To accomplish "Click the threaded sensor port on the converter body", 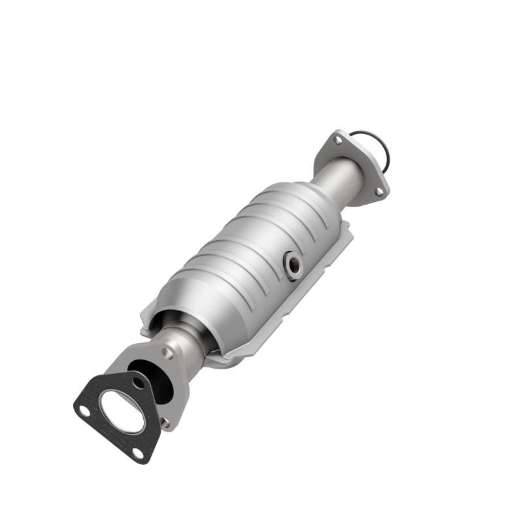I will pyautogui.click(x=292, y=265).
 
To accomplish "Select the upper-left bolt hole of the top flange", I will pyautogui.click(x=337, y=139).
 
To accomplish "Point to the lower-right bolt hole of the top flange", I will pyautogui.click(x=379, y=190).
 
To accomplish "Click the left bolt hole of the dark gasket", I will pyautogui.click(x=84, y=411).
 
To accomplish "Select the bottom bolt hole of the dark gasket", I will pyautogui.click(x=137, y=452).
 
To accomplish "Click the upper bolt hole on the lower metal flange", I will pyautogui.click(x=168, y=353).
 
